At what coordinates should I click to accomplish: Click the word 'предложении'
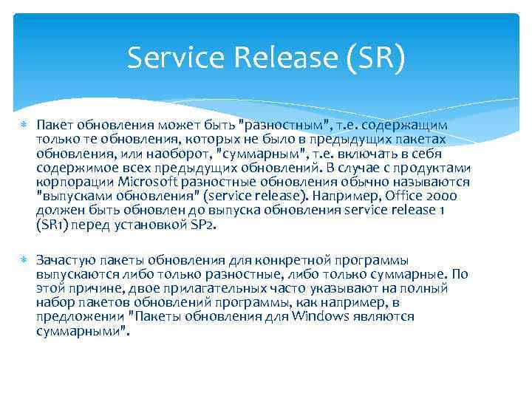79,316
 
